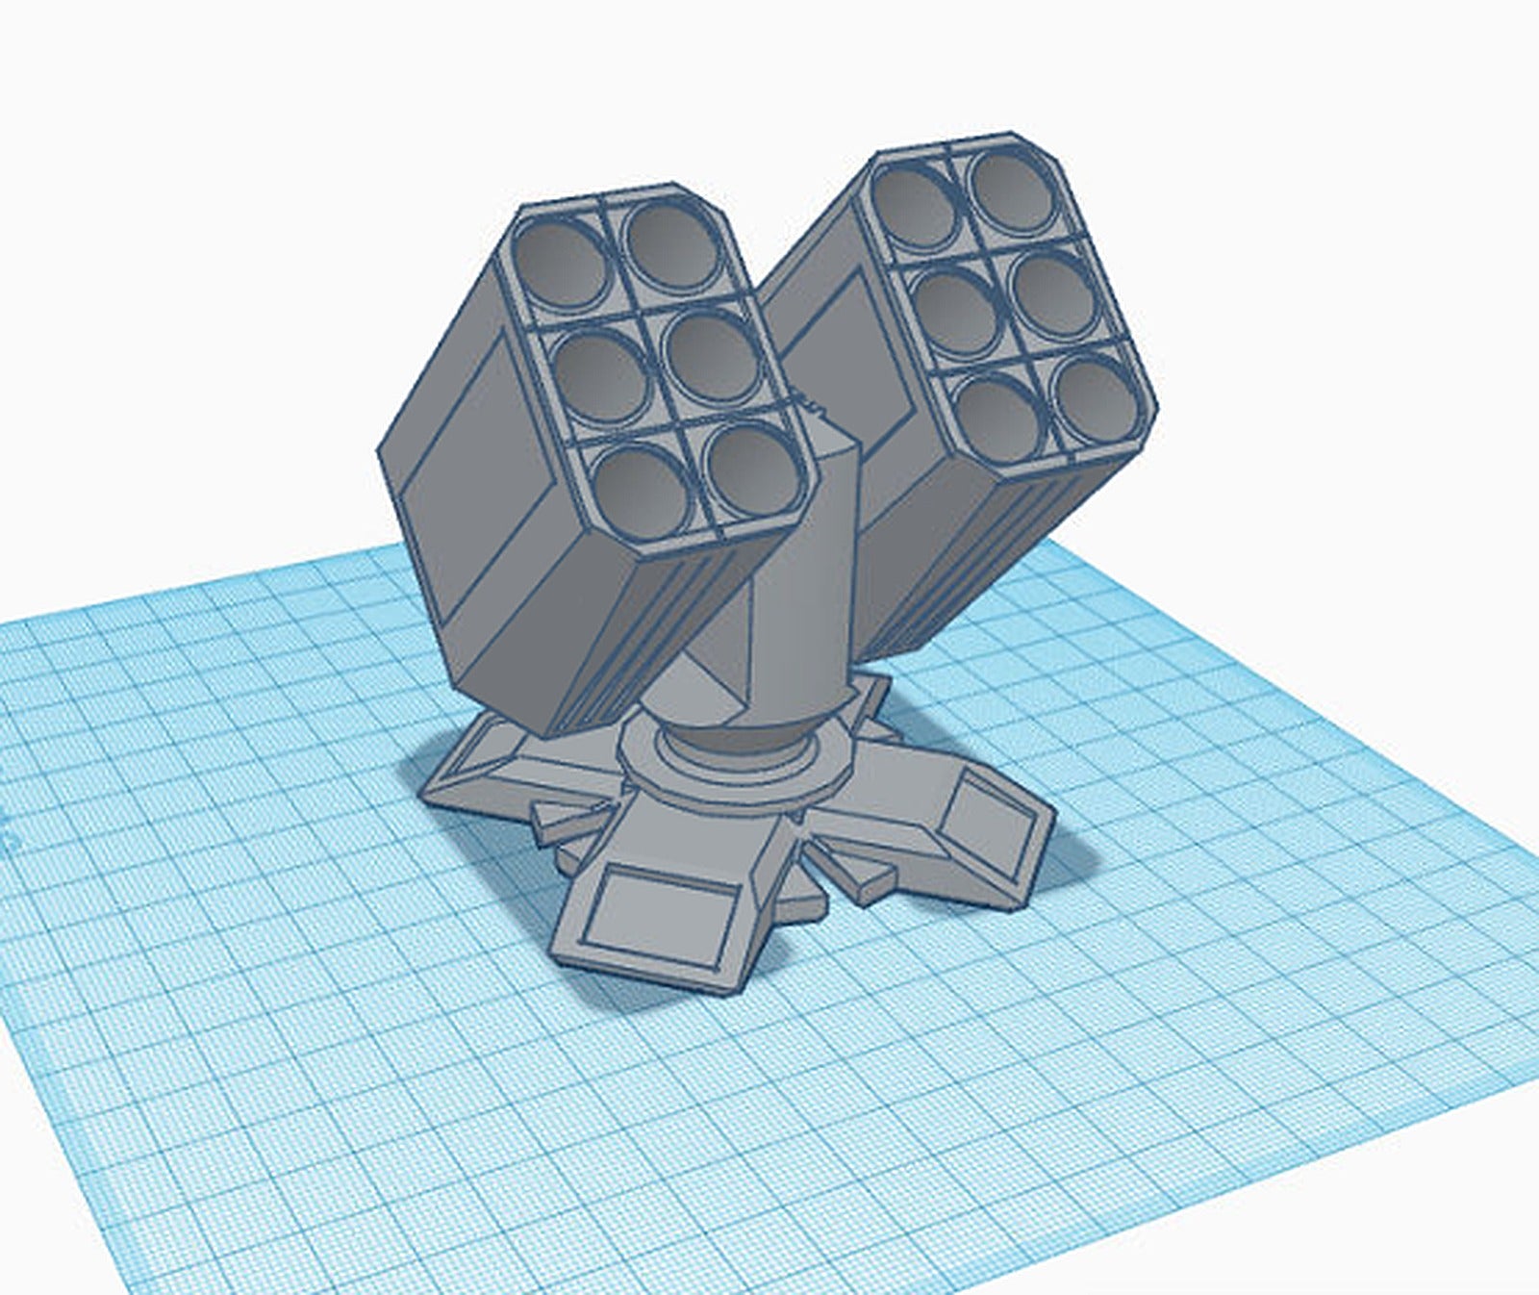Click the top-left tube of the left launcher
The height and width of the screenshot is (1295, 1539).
pyautogui.click(x=560, y=262)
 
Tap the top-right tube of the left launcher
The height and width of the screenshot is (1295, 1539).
pyautogui.click(x=671, y=244)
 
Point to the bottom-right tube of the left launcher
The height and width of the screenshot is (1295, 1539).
pyautogui.click(x=754, y=469)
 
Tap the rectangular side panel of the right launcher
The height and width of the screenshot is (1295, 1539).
pyautogui.click(x=846, y=346)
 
